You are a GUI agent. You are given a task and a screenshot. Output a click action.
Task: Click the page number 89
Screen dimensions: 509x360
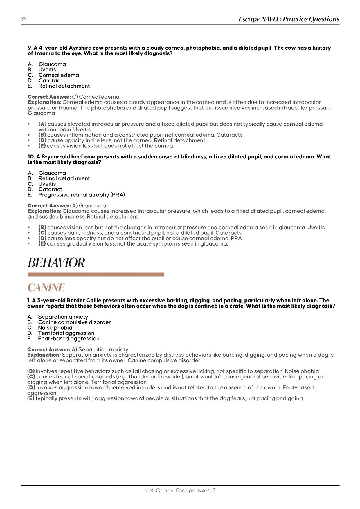tap(24, 19)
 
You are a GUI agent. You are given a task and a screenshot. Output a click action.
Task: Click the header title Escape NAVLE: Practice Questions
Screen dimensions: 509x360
tap(289, 19)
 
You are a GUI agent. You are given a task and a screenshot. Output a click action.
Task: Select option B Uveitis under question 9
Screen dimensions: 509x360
tap(47, 70)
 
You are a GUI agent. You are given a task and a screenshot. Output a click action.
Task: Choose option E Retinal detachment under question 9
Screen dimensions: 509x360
tap(64, 86)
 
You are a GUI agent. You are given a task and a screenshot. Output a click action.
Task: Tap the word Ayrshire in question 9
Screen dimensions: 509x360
tap(81, 48)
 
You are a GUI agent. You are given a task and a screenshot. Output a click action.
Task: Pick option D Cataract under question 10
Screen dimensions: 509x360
tap(50, 189)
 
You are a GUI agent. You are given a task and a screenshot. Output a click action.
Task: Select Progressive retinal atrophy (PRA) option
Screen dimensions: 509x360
tap(82, 195)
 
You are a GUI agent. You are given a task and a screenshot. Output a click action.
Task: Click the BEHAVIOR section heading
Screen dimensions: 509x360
tap(56, 263)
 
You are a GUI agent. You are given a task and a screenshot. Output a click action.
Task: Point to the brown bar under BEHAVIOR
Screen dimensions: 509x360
tap(96, 275)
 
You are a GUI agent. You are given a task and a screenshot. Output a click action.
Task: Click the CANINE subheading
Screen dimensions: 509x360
tap(46, 288)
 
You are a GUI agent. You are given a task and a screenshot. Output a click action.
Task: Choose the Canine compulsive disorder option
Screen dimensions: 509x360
tap(74, 322)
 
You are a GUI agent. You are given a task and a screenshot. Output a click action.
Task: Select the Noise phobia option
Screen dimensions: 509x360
tap(55, 328)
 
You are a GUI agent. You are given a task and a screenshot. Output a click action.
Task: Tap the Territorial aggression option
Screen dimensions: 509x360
tap(66, 333)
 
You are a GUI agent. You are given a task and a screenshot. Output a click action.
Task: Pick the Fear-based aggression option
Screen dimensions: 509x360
tap(69, 339)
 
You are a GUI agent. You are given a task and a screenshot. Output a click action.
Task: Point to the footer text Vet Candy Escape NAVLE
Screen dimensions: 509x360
tap(180, 490)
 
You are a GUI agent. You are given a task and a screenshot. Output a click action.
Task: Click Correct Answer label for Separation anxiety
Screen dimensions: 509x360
tap(49, 350)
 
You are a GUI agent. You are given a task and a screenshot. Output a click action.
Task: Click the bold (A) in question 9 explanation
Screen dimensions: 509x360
tap(43, 124)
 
